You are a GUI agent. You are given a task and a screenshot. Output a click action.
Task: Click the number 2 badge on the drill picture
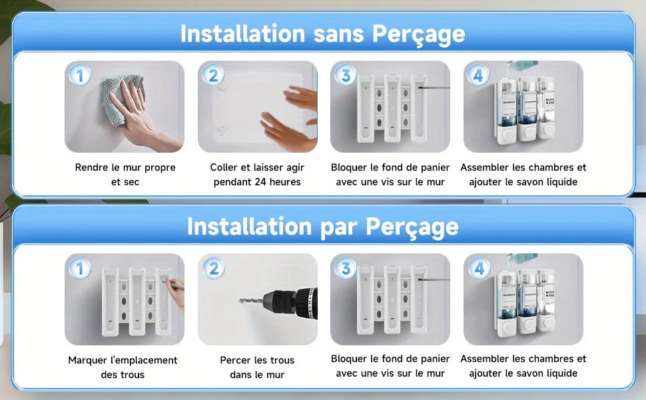[213, 269]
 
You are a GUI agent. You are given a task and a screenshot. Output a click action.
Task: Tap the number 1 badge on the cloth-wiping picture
[80, 75]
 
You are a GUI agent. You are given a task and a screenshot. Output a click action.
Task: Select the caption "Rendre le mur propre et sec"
[125, 175]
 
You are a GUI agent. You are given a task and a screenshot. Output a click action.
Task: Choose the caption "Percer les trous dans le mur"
[257, 367]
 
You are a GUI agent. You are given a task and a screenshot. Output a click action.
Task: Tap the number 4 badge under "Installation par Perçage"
[478, 269]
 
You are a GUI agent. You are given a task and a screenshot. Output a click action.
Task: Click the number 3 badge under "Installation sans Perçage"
[345, 75]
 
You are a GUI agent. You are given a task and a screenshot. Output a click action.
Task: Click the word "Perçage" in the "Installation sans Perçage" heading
[418, 33]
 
